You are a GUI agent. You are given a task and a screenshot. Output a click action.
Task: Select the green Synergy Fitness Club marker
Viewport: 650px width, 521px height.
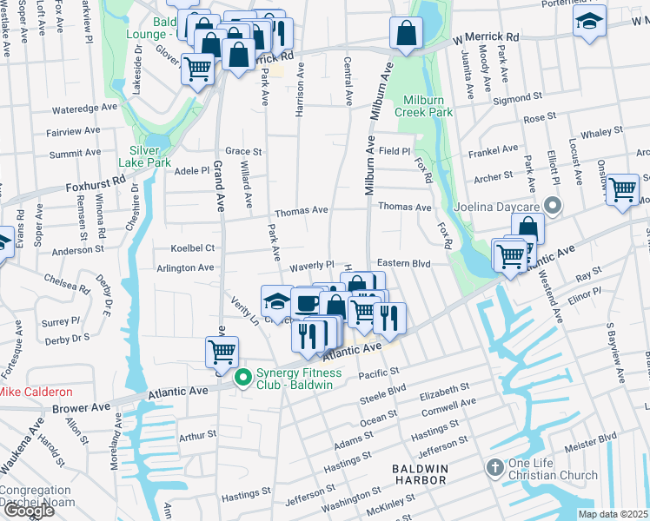click(245, 376)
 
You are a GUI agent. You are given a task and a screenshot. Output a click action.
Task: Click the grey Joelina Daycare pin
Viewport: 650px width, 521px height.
click(550, 207)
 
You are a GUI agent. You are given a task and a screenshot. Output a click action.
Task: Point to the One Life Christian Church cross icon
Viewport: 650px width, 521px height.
click(494, 468)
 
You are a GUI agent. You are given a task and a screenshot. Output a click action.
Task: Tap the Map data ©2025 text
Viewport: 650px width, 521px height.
click(613, 514)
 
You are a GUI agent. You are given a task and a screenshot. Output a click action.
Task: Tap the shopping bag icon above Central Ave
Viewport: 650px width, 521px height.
click(405, 35)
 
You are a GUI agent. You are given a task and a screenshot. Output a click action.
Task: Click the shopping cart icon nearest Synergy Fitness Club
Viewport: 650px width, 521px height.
click(222, 352)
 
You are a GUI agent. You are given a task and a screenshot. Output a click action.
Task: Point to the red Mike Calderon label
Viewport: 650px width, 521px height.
click(35, 392)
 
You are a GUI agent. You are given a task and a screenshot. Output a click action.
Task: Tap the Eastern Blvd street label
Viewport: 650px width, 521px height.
click(404, 263)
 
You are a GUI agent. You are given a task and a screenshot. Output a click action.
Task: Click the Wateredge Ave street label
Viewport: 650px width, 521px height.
click(84, 109)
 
